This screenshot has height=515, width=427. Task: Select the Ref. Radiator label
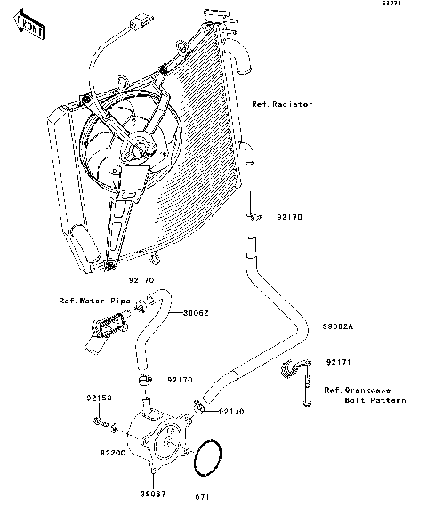282,105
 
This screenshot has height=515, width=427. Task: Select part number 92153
100,398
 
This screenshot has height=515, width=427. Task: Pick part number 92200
100,452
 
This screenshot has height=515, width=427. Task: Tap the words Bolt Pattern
375,400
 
